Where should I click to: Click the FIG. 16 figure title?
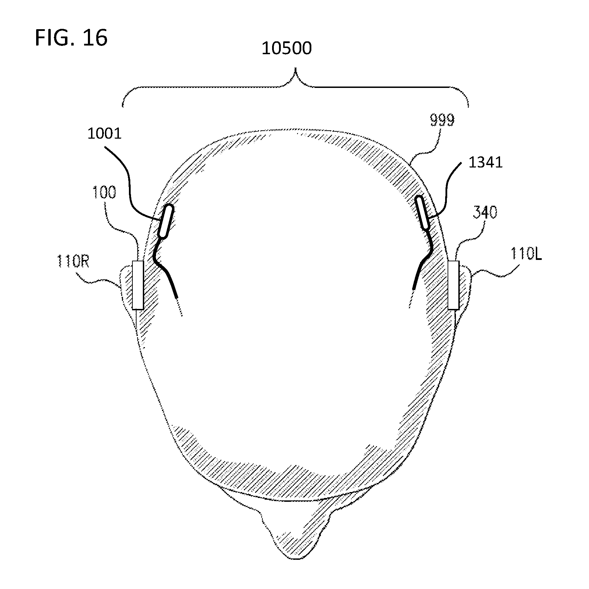[71, 38]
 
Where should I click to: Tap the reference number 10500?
[286, 48]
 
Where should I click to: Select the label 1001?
[104, 133]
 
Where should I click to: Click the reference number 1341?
[485, 162]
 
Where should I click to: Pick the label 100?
[104, 192]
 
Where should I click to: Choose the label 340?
[485, 212]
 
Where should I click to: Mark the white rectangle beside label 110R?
[138, 285]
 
